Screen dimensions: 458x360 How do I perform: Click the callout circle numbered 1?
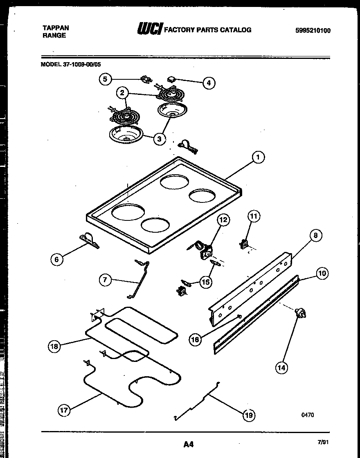click(258, 157)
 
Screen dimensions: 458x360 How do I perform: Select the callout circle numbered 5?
click(106, 79)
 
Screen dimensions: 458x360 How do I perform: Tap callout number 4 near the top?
click(209, 83)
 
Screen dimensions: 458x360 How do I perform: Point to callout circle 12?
click(223, 220)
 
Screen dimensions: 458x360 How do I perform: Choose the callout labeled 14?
click(281, 368)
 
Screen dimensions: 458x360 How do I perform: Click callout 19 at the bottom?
click(248, 415)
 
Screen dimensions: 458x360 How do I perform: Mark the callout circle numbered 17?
click(64, 410)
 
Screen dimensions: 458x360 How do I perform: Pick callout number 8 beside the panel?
click(315, 235)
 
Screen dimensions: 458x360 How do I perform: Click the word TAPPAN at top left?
click(56, 28)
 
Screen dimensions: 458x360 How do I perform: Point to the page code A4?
click(188, 444)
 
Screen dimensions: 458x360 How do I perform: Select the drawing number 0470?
click(308, 415)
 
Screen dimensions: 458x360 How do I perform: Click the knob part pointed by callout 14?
click(301, 314)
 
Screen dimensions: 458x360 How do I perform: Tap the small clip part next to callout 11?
click(245, 244)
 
